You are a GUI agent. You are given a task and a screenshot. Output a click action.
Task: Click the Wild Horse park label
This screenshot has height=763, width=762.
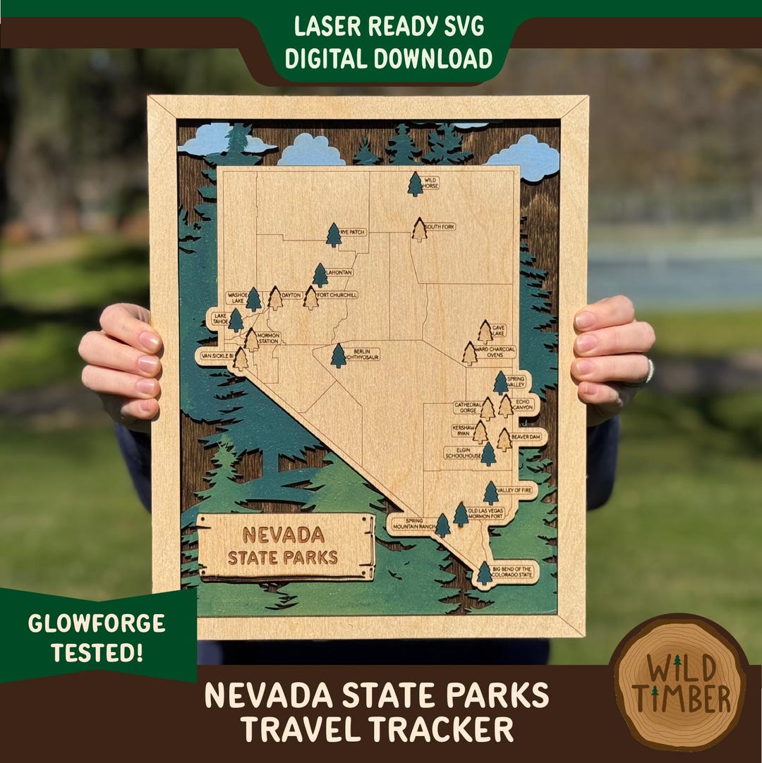(x=430, y=183)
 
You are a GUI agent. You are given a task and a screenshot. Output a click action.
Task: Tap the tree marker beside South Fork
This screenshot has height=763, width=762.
(x=420, y=230)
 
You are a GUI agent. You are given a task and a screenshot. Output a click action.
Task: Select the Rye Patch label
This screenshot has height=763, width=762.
(x=353, y=232)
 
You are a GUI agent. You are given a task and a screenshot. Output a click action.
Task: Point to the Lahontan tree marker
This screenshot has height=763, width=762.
(x=320, y=275)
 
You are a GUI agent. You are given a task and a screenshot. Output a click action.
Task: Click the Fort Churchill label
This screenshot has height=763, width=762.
(x=337, y=295)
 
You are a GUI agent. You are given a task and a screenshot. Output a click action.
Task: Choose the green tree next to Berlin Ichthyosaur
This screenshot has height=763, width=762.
(x=339, y=355)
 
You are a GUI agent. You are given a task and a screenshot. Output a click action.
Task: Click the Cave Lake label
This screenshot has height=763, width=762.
(x=499, y=331)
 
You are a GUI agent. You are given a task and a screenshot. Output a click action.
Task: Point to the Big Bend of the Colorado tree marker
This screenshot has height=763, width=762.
(x=484, y=573)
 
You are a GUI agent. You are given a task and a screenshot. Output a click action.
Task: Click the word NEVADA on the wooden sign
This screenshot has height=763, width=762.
(x=284, y=535)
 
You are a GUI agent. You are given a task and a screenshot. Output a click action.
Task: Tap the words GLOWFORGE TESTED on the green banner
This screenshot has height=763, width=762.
(x=96, y=637)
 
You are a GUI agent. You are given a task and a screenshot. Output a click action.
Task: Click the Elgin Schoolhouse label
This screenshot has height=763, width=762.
(x=462, y=452)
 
